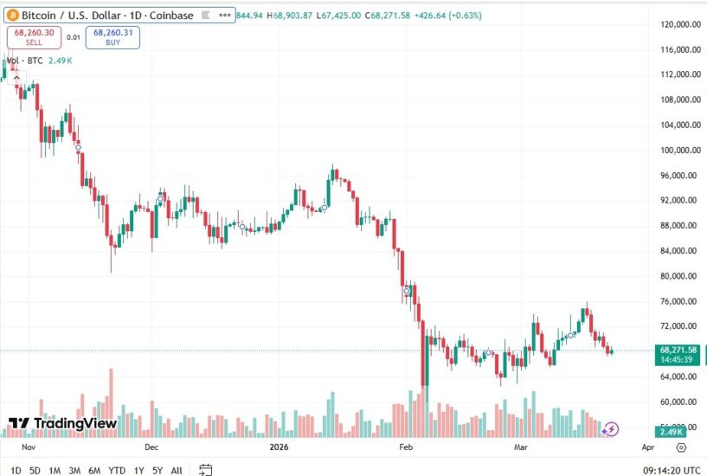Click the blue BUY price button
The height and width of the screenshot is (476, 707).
pyautogui.click(x=112, y=37)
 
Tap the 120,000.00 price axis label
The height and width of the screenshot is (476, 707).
pyautogui.click(x=679, y=24)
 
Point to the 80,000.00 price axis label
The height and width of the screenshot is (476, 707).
pyautogui.click(x=678, y=276)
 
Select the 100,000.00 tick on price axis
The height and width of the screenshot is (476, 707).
pyautogui.click(x=679, y=150)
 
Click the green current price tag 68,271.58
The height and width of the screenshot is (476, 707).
pyautogui.click(x=678, y=354)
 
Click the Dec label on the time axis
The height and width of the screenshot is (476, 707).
pyautogui.click(x=152, y=447)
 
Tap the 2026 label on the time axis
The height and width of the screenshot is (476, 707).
pyautogui.click(x=279, y=447)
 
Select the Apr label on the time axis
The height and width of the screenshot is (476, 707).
pyautogui.click(x=648, y=447)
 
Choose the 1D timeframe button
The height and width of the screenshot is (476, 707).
pyautogui.click(x=16, y=470)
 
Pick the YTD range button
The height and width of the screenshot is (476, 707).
pyautogui.click(x=117, y=470)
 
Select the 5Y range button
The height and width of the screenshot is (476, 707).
pyautogui.click(x=157, y=470)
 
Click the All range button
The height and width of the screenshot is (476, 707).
pyautogui.click(x=177, y=470)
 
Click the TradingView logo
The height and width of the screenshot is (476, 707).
pyautogui.click(x=62, y=423)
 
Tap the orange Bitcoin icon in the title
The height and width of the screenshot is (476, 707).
pyautogui.click(x=12, y=15)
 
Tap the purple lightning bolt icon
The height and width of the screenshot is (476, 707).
pyautogui.click(x=610, y=428)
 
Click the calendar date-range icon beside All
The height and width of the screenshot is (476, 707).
pyautogui.click(x=206, y=470)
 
